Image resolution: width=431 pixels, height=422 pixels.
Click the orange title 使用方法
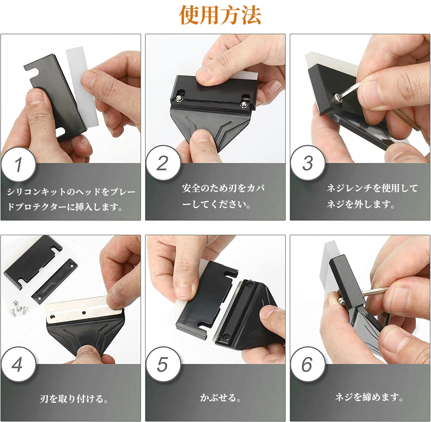(220, 15)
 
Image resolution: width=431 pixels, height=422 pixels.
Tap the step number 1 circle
(18, 164)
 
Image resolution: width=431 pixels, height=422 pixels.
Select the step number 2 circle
(163, 163)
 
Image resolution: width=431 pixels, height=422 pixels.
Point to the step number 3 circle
(308, 163)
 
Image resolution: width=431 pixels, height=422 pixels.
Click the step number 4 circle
(18, 365)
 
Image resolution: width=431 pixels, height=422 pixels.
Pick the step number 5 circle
(163, 365)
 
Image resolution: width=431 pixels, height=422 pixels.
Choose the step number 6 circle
(308, 365)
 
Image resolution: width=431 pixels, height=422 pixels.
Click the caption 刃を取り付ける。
(74, 399)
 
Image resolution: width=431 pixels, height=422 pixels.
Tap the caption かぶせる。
(220, 398)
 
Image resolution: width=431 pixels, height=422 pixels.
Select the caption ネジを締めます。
(369, 397)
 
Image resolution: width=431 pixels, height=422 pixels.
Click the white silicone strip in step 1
(82, 86)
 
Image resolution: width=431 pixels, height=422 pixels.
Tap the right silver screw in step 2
(244, 104)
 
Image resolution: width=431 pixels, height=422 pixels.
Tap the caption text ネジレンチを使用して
(372, 188)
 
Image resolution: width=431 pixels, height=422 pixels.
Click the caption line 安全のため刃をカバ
(223, 188)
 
